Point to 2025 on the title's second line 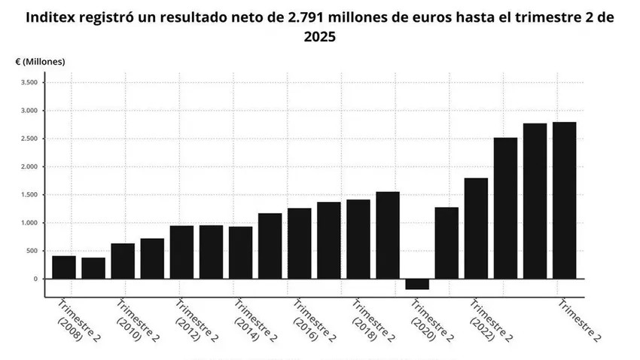pos(320,36)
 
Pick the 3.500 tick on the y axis pos(28,82)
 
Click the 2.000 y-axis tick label pos(28,166)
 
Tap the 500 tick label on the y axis pos(31,251)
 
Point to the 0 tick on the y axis pos(35,279)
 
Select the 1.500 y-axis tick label pos(28,195)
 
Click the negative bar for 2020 pos(417,284)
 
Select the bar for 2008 pos(64,267)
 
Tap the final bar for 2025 pos(564,200)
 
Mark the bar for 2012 pos(181,252)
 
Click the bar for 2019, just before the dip pos(388,235)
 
